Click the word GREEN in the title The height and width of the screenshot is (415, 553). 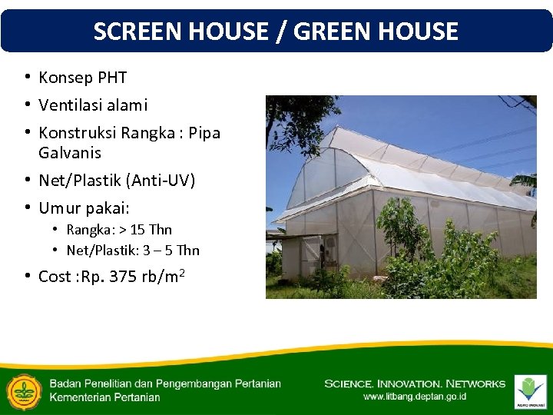pos(330,31)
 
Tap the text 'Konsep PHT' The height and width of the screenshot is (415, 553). pos(82,78)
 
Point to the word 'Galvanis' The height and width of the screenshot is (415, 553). pos(70,152)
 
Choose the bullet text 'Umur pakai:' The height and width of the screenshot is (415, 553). pos(84,208)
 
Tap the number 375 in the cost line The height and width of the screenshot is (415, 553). pos(124,277)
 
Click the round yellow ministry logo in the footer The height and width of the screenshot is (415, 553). pos(23,391)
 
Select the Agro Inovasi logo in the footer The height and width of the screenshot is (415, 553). pos(530,391)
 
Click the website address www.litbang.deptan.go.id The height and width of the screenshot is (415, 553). pos(414,397)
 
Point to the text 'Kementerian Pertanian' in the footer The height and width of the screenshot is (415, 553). pos(104,397)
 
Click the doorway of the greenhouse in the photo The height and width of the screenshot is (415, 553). pos(312,255)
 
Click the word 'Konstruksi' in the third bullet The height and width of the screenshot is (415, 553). pos(75,133)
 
